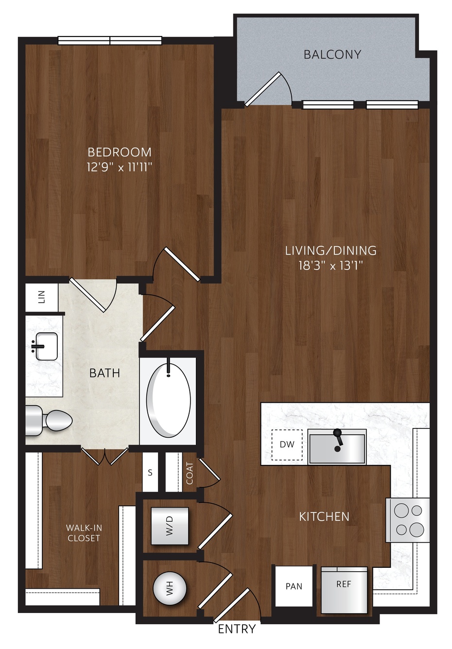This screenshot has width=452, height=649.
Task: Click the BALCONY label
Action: pos(332,54)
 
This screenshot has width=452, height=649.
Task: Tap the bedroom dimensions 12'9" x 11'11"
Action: pos(120,167)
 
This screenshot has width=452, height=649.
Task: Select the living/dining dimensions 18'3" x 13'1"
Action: pos(331,265)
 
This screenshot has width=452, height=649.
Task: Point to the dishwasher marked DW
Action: pos(287,444)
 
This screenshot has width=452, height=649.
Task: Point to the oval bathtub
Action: pos(169,400)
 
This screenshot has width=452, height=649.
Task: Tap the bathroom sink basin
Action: pos(46,346)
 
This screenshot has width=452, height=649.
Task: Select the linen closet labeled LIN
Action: pos(42,297)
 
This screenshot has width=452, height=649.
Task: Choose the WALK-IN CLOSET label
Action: pos(84,533)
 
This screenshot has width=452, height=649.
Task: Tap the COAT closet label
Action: pos(190,473)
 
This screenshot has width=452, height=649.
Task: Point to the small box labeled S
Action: pos(150,473)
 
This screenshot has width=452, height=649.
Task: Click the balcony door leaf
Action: pos(263,89)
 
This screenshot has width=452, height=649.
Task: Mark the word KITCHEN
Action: pos(324,516)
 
